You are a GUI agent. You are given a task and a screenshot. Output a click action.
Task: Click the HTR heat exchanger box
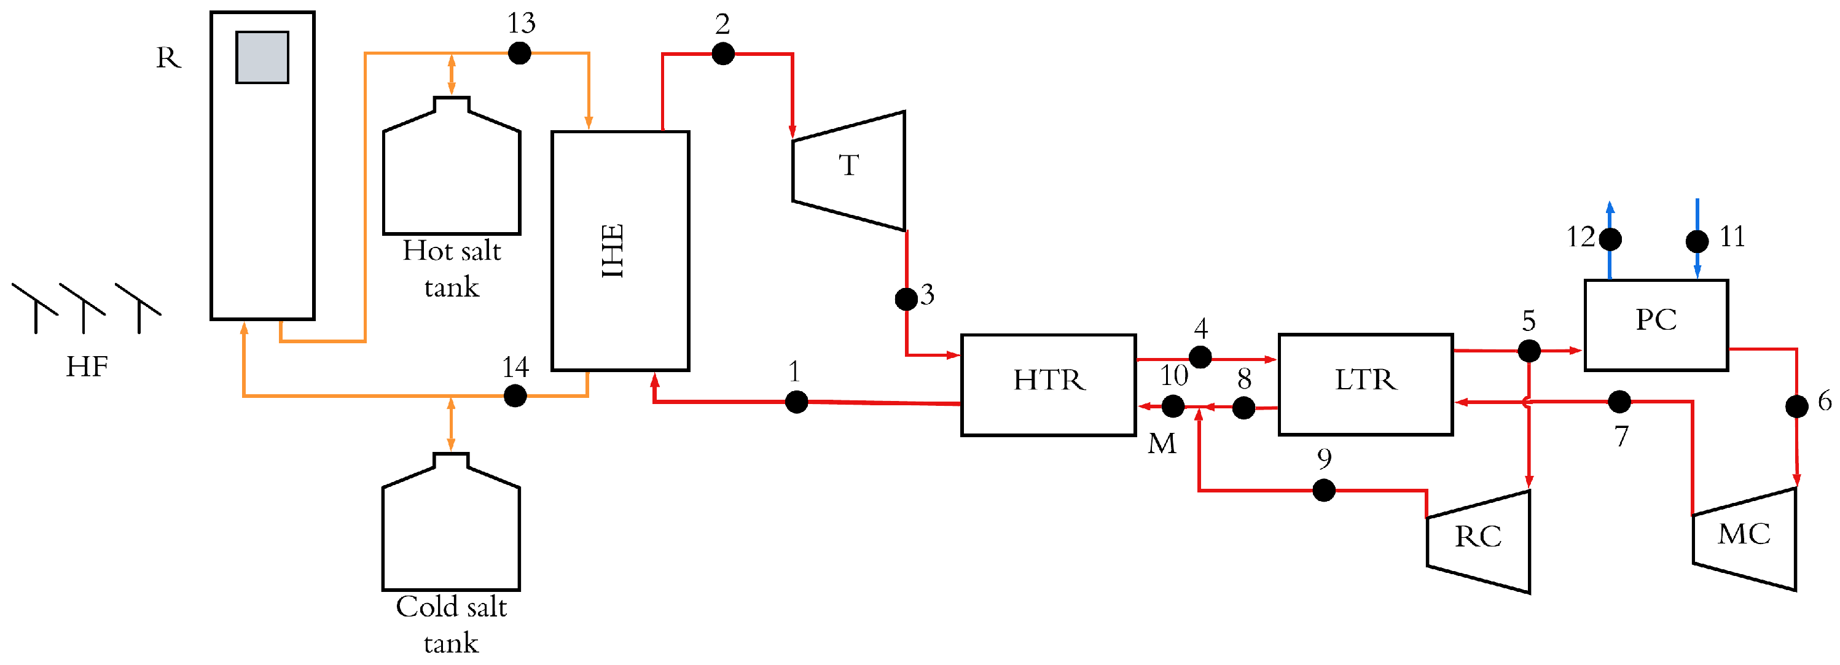pos(1048,384)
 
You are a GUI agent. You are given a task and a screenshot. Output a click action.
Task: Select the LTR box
pos(1365,384)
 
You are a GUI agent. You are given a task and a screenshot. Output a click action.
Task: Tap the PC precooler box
pos(1656,325)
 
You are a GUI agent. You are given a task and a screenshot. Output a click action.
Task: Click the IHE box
pos(620,250)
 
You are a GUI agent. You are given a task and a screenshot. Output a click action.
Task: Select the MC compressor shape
pos(1745,539)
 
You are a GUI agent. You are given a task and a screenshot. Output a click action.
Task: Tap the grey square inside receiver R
pos(262,57)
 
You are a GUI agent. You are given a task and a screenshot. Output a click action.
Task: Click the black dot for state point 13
pos(519,53)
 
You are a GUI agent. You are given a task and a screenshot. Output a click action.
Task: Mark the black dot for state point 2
pos(723,53)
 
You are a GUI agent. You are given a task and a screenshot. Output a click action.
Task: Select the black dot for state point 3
pos(906,298)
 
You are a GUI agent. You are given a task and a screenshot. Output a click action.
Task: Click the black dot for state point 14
pos(515,395)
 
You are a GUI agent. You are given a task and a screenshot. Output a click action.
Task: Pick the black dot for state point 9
pos(1323,490)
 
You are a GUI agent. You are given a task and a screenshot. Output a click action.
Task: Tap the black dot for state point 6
pos(1796,406)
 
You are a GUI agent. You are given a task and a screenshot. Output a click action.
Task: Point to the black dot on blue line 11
pos(1697,241)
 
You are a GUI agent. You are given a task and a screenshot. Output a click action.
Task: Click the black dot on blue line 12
pos(1610,239)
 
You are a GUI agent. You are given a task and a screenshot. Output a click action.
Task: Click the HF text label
pos(87,367)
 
